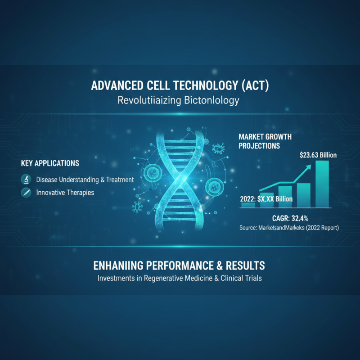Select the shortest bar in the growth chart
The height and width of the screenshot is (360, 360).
248,205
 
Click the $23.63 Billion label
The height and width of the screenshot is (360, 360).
318,155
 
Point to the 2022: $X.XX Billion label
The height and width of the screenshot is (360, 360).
266,198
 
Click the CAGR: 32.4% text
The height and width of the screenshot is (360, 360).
287,218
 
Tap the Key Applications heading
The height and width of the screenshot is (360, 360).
50,163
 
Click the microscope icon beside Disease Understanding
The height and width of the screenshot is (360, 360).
26,180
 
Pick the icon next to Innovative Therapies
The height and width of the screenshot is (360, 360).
26,193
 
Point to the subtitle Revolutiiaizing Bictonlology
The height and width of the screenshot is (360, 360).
178,100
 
